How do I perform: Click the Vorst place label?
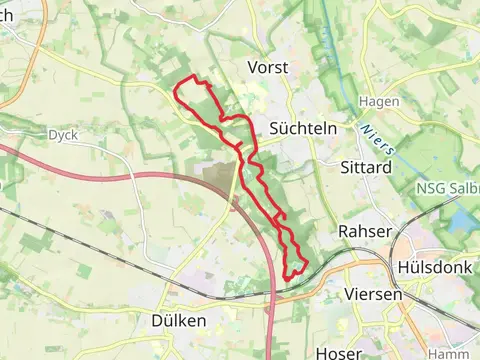pos(267,68)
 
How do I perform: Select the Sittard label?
pos(365,167)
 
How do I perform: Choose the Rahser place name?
pos(362,231)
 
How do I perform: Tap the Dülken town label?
pos(180,321)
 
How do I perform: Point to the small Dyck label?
pos(62,134)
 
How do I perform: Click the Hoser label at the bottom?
pos(337,352)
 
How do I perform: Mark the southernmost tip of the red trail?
pos(290,276)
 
